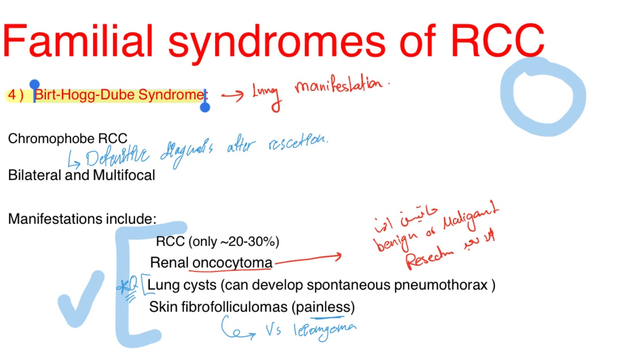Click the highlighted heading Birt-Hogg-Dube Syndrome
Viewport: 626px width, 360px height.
coord(119,95)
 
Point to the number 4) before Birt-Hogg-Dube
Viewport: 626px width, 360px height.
coord(16,95)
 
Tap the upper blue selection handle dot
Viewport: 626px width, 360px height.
coord(35,85)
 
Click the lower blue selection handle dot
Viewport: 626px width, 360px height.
coord(205,107)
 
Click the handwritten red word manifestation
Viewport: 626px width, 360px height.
coord(342,85)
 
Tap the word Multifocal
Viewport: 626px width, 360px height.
coord(124,176)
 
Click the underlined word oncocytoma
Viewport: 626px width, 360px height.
coord(232,263)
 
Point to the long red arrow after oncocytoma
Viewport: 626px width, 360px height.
coord(307,260)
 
